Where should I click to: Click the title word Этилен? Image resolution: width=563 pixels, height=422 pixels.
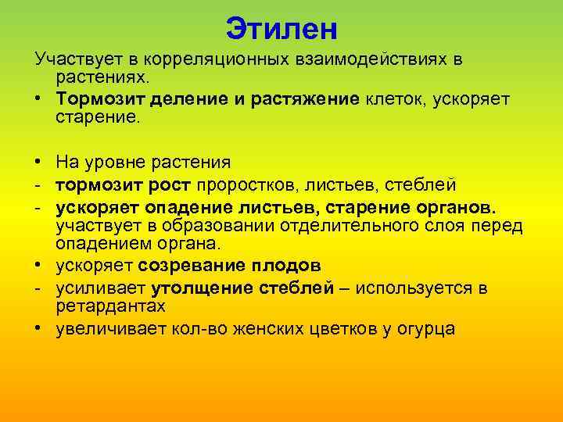coord(281,30)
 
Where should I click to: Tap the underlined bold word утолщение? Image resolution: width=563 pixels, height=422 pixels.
coord(201,288)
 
